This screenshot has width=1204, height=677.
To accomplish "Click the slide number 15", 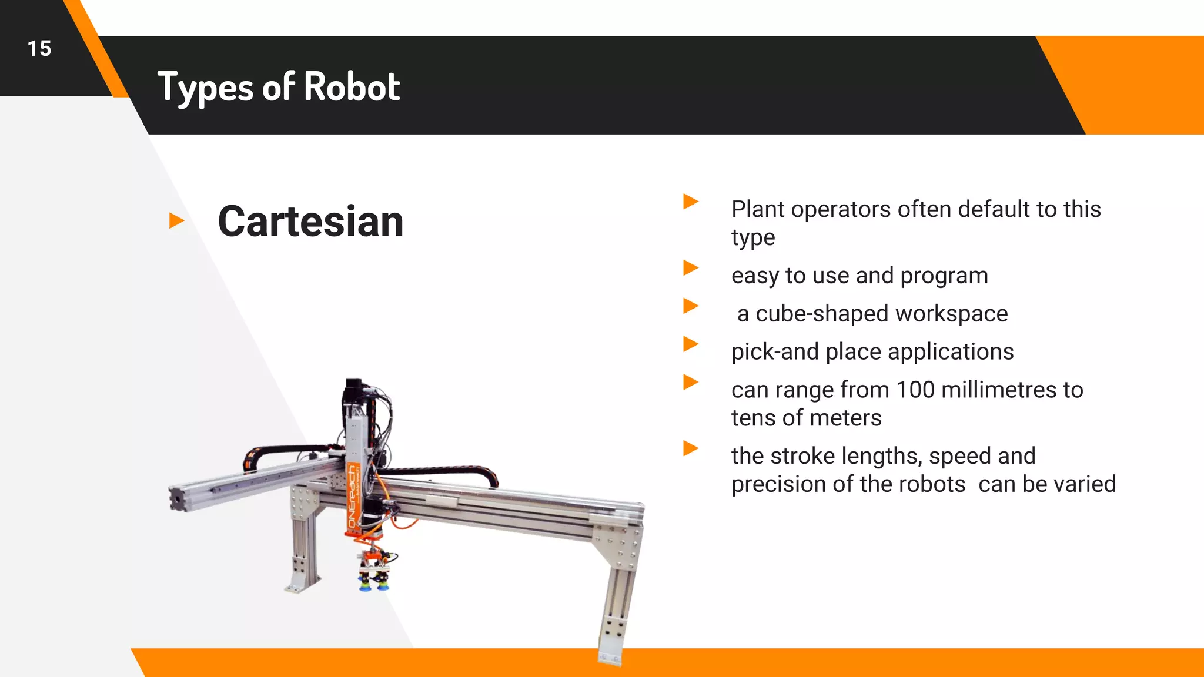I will pos(39,48).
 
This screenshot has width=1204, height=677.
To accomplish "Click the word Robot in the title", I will pos(352,87).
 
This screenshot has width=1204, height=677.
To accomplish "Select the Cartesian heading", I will pos(310,222).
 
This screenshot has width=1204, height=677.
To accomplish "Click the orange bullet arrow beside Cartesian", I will pos(176,221).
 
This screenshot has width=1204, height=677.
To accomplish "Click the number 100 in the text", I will pos(915,390).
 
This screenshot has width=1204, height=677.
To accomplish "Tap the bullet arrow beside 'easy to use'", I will pos(691,268).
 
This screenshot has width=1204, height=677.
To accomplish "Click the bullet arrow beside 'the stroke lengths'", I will pos(691,448).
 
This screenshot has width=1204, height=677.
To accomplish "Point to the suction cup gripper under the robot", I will pos(374,578).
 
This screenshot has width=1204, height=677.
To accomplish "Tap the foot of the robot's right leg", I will pos(610,657).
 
